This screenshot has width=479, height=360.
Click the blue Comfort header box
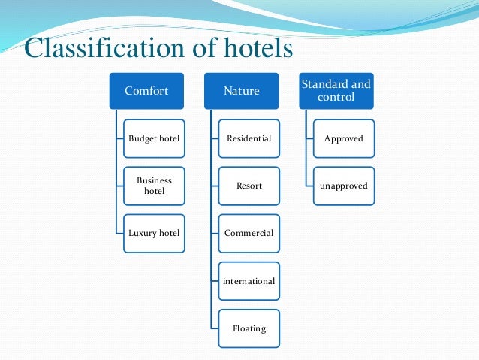[146, 92]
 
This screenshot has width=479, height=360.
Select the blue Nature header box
[241, 92]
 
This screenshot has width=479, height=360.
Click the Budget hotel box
[154, 139]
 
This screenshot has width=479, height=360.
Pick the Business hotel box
[154, 186]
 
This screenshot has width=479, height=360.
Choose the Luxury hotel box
[154, 233]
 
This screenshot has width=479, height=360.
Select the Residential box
[249, 139]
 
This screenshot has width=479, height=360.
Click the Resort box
[249, 186]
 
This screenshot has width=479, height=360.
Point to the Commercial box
[249, 233]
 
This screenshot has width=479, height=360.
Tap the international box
[249, 281]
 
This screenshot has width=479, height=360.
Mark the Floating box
[249, 328]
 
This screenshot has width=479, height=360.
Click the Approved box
[343, 139]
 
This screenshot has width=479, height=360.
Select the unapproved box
[343, 186]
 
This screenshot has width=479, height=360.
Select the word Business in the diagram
[154, 180]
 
